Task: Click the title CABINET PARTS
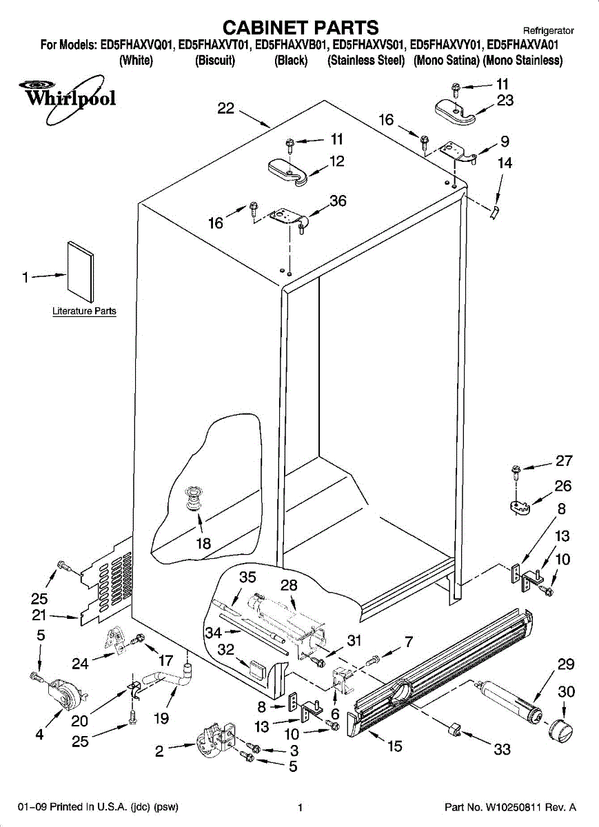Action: point(301,28)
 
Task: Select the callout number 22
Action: point(225,108)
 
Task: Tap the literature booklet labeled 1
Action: point(81,272)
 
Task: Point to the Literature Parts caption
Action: point(84,311)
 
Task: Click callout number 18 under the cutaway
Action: point(203,543)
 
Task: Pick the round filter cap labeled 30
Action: point(560,729)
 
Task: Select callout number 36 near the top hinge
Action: point(338,201)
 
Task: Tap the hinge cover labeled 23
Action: point(455,112)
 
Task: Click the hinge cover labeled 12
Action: point(288,172)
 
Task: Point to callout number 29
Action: point(566,664)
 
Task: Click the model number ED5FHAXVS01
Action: point(367,45)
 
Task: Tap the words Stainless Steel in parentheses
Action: point(366,60)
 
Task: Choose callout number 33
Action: point(502,749)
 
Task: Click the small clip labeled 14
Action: point(495,213)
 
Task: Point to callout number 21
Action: point(39,615)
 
